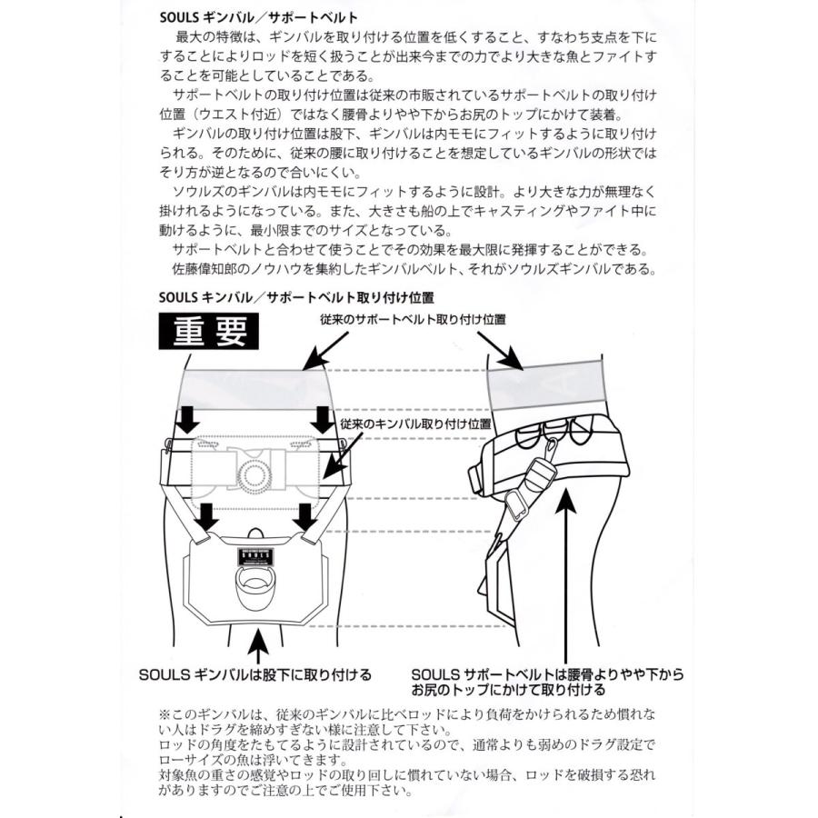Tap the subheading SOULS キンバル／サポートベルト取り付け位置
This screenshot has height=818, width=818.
[294, 296]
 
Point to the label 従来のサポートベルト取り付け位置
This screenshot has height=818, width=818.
[413, 320]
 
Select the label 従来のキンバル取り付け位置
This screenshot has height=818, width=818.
[415, 424]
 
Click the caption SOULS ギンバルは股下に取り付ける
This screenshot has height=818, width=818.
[255, 674]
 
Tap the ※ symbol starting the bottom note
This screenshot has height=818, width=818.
[165, 714]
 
